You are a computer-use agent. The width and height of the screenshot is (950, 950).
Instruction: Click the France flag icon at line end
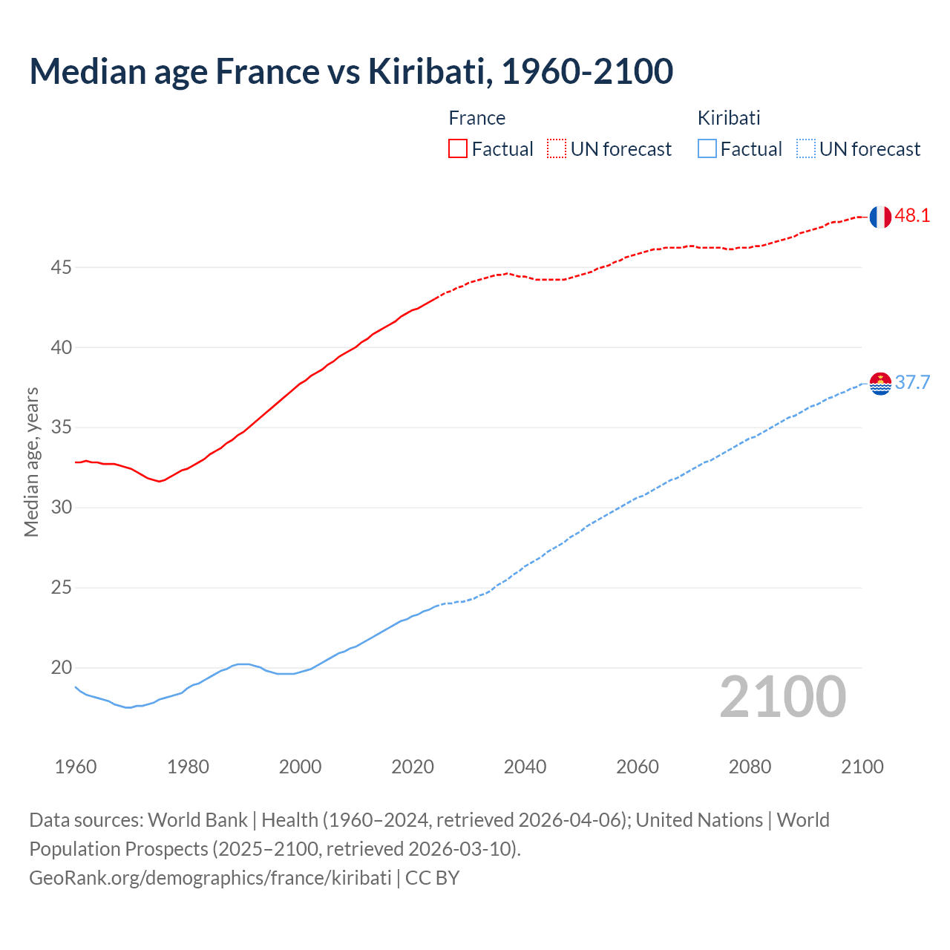click(879, 217)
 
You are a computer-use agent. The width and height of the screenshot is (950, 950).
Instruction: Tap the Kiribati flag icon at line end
click(879, 384)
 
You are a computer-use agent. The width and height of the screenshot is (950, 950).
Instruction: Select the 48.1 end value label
click(912, 216)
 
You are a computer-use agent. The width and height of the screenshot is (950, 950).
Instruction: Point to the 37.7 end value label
click(912, 383)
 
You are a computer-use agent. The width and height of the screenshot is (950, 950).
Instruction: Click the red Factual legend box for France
click(458, 149)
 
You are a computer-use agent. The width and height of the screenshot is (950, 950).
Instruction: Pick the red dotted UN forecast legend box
click(557, 149)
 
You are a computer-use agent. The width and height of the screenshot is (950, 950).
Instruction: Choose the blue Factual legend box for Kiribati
click(707, 149)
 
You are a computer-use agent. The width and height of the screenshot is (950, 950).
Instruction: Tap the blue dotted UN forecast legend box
click(805, 149)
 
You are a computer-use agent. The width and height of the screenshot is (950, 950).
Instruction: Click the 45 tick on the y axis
click(61, 267)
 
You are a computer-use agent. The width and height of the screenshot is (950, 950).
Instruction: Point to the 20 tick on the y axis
click(61, 668)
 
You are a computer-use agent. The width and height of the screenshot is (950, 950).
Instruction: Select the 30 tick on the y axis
click(61, 508)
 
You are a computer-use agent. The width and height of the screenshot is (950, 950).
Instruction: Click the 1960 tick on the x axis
click(76, 767)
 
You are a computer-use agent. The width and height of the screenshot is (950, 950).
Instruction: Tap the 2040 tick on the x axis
click(525, 767)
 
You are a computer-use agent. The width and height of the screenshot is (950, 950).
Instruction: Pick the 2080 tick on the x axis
click(750, 767)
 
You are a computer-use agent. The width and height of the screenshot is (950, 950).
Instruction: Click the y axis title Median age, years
click(31, 462)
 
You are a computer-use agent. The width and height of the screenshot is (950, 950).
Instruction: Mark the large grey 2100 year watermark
click(782, 697)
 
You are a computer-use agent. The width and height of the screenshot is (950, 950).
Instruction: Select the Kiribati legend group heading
click(728, 118)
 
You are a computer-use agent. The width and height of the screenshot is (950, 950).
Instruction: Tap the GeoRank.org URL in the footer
click(210, 878)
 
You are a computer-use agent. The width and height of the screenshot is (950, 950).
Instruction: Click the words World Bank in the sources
click(197, 820)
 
